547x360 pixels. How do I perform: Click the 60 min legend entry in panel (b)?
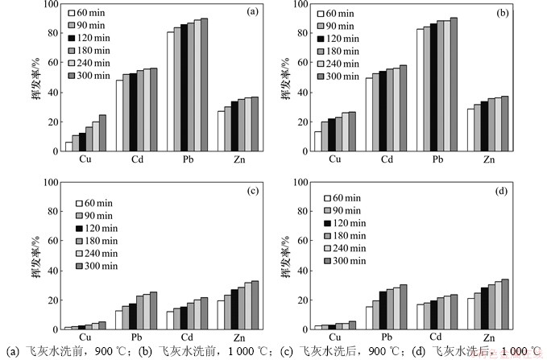point(346,14)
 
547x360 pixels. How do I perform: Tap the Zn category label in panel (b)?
point(488,159)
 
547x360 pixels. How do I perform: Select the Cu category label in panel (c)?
point(85,337)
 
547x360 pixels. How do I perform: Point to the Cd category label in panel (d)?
point(437,337)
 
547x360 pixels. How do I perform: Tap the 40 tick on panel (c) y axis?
point(52,271)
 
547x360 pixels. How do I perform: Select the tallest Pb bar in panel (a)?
point(204,84)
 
